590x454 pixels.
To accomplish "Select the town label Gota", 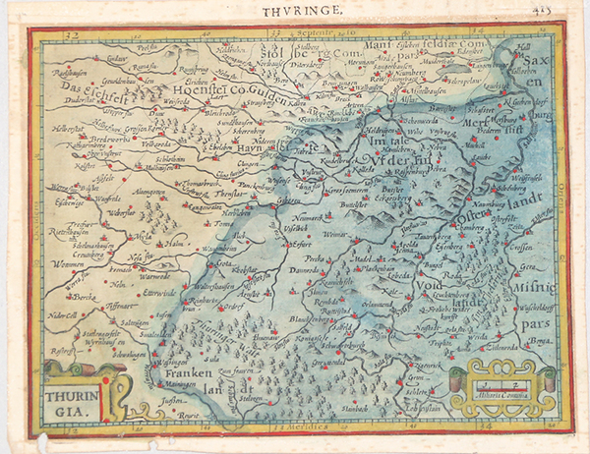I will pos(225,263).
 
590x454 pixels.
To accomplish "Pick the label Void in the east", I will pos(426,287).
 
